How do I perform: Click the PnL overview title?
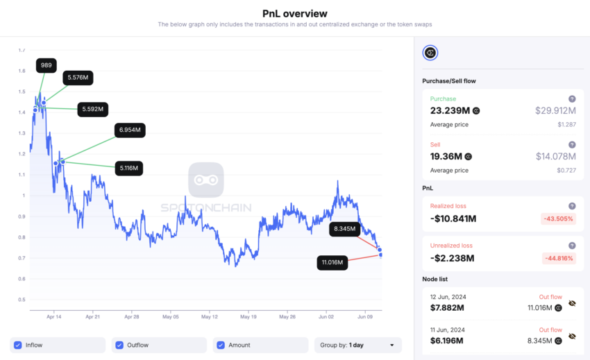[x=294, y=13]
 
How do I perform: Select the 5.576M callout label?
[x=78, y=78]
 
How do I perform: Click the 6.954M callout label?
[x=130, y=130]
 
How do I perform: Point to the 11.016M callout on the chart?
[x=332, y=262]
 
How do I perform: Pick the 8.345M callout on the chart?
[x=344, y=228]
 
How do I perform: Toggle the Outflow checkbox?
[x=119, y=345]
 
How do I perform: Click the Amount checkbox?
[x=221, y=345]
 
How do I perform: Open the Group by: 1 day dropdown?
[x=357, y=345]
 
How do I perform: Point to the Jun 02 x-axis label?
[x=326, y=316]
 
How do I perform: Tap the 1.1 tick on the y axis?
[x=22, y=175]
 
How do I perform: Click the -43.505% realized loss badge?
[x=558, y=218]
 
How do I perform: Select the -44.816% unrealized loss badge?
[x=558, y=258]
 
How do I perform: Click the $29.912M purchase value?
[x=555, y=110]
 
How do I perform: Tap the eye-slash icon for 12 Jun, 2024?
[x=572, y=303]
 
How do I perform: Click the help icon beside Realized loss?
[x=572, y=206]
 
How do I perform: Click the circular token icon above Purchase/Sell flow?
[x=430, y=53]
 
